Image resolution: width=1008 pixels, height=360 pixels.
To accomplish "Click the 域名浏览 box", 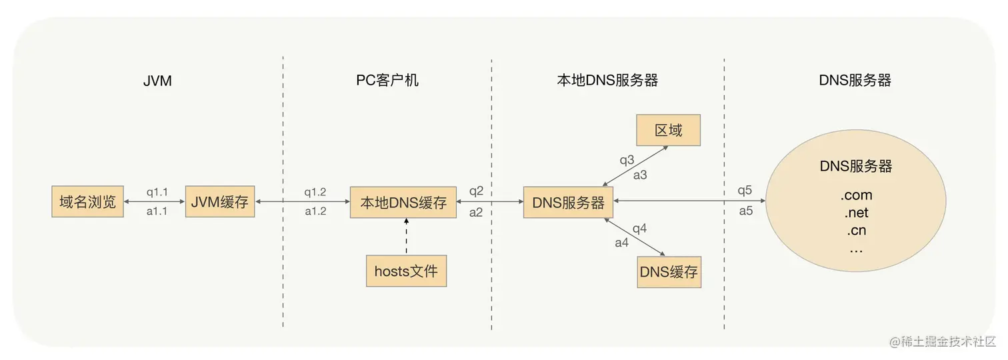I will pyautogui.click(x=88, y=202).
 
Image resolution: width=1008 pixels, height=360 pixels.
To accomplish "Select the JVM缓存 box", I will pyautogui.click(x=220, y=202).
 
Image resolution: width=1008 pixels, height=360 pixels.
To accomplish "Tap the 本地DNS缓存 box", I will pyautogui.click(x=403, y=202).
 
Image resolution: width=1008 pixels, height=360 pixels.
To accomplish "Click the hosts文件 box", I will pyautogui.click(x=406, y=271).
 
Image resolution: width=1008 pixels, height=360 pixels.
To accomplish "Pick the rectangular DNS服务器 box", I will pyautogui.click(x=569, y=202).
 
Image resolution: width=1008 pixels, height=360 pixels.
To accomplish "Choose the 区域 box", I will pyautogui.click(x=669, y=130).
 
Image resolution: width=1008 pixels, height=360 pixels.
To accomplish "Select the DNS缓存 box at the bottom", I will pyautogui.click(x=669, y=272).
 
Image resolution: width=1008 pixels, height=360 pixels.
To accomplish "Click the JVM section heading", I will pyautogui.click(x=157, y=81).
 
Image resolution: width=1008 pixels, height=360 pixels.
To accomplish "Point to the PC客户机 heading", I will pyautogui.click(x=387, y=81).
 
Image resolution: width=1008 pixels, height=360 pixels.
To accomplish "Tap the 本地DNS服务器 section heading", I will pyautogui.click(x=607, y=81).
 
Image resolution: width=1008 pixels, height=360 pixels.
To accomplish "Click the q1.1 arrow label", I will pyautogui.click(x=157, y=192).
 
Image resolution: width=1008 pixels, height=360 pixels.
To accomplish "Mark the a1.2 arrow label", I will pyautogui.click(x=315, y=211).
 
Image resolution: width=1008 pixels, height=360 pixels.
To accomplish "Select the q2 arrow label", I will pyautogui.click(x=476, y=191).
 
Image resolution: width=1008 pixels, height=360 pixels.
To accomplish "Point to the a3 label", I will pyautogui.click(x=640, y=175).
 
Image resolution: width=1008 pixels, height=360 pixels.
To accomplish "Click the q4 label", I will pyautogui.click(x=639, y=229).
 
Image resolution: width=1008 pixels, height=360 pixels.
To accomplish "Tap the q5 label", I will pyautogui.click(x=745, y=191).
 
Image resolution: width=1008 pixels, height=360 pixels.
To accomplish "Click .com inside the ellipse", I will pyautogui.click(x=856, y=195).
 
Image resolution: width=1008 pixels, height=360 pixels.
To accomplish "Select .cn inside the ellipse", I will pyautogui.click(x=856, y=231).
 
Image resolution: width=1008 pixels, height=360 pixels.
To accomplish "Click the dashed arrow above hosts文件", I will pyautogui.click(x=406, y=236).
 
